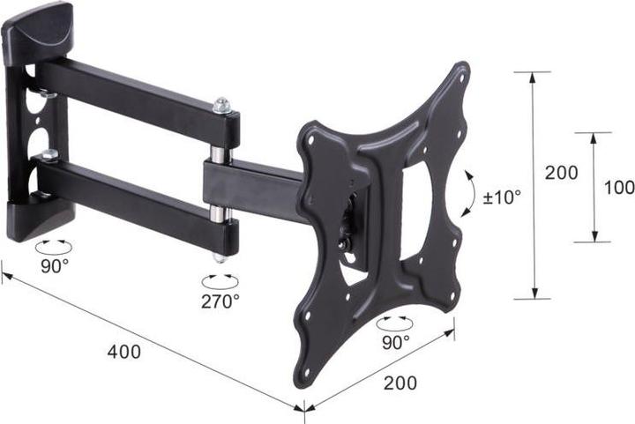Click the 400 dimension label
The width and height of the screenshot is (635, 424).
click(123, 351)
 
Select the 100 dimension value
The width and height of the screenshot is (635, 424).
click(620, 187)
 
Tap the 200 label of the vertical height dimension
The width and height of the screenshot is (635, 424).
click(561, 173)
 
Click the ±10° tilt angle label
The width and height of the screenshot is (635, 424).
click(502, 195)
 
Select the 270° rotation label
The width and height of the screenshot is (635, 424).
click(220, 301)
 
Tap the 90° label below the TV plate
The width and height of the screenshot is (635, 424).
click(394, 340)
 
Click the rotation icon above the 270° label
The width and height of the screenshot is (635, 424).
click(220, 280)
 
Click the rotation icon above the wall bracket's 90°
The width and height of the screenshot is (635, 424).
click(54, 242)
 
